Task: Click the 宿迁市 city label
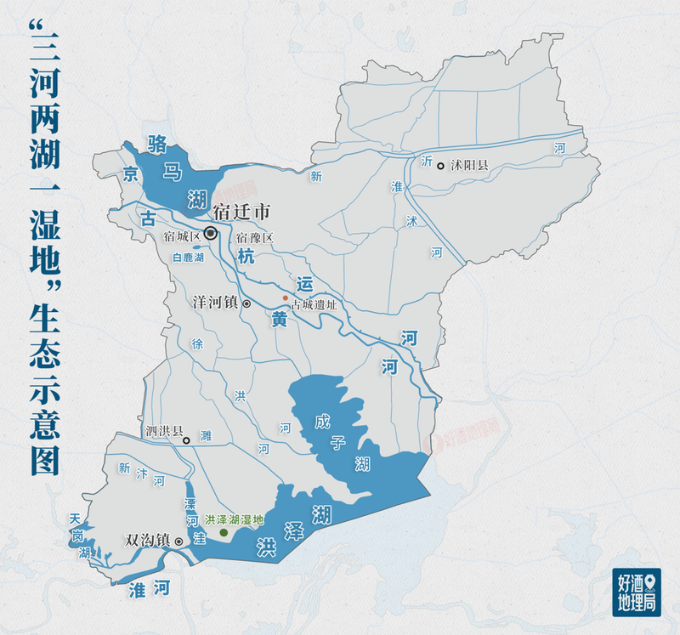click(x=241, y=212)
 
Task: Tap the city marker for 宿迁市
click(x=210, y=232)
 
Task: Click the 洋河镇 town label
click(x=215, y=302)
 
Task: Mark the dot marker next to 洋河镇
click(x=246, y=303)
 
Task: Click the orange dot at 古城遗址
click(x=286, y=298)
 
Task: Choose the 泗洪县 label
click(x=164, y=431)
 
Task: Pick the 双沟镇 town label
click(x=148, y=540)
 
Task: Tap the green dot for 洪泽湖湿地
click(x=224, y=533)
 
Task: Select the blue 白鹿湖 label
click(x=188, y=257)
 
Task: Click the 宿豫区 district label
click(x=255, y=237)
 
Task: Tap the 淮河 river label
click(x=148, y=587)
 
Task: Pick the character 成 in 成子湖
click(x=320, y=422)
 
